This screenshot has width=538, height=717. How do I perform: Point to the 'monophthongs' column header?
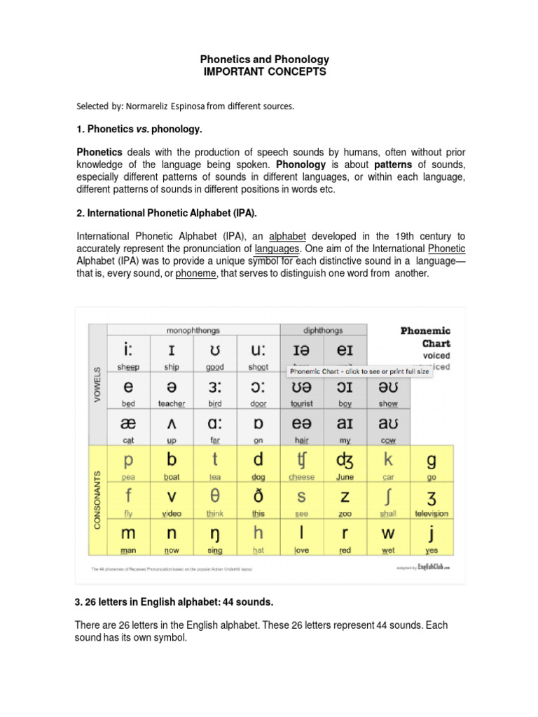pyautogui.click(x=193, y=329)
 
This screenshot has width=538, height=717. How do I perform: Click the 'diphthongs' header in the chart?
pyautogui.click(x=323, y=329)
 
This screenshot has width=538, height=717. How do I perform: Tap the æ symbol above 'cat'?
pyautogui.click(x=128, y=425)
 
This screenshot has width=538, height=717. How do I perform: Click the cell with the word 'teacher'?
pyautogui.click(x=172, y=392)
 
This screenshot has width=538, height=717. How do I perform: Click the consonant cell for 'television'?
pyautogui.click(x=431, y=501)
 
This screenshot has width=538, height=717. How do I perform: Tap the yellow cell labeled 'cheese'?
pyautogui.click(x=301, y=465)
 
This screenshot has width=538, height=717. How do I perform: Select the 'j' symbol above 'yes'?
pyautogui.click(x=431, y=534)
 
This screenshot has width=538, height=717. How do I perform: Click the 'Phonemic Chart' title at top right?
pyautogui.click(x=425, y=337)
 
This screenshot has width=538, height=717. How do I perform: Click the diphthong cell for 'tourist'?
pyautogui.click(x=301, y=392)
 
